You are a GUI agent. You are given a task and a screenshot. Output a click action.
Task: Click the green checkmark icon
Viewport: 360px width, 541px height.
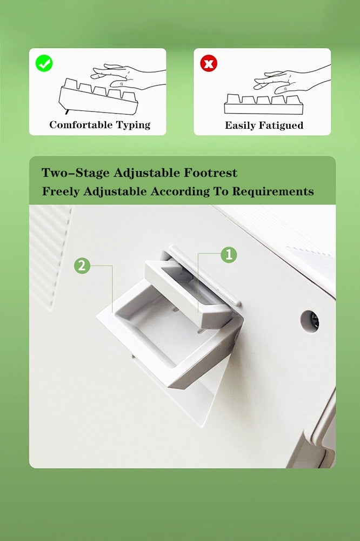[44, 63]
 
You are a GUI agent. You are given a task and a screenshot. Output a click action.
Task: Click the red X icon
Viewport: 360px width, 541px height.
[209, 63]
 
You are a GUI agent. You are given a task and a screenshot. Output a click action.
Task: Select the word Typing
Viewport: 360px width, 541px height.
[133, 126]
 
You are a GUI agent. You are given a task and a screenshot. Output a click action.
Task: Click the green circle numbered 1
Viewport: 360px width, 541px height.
[229, 255]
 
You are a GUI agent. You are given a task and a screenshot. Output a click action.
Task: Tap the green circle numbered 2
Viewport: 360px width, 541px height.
[82, 266]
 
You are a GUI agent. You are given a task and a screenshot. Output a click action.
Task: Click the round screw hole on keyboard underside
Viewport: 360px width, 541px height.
[309, 321]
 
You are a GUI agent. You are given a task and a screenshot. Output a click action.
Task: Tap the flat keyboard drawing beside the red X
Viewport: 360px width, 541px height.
[264, 104]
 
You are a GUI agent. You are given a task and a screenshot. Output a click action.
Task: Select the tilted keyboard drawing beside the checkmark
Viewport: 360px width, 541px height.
[98, 97]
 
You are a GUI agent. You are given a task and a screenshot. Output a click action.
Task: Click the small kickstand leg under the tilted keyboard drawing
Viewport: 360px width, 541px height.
[66, 111]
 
